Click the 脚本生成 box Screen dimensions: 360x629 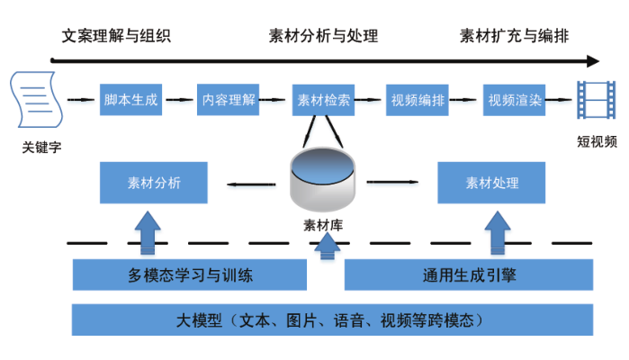pyautogui.click(x=130, y=100)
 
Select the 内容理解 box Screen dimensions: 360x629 pyautogui.click(x=228, y=100)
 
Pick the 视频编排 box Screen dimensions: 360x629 pyautogui.click(x=418, y=100)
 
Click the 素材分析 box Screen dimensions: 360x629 pyautogui.click(x=154, y=183)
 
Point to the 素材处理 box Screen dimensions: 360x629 pyautogui.click(x=491, y=183)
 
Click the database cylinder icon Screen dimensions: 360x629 pyautogui.click(x=324, y=179)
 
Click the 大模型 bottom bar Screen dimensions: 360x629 pyautogui.click(x=332, y=319)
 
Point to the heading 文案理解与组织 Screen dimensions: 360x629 pyautogui.click(x=116, y=37)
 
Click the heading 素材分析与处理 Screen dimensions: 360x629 pyautogui.click(x=323, y=37)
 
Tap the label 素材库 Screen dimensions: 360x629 pyautogui.click(x=324, y=225)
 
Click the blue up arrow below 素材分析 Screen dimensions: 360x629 pyautogui.click(x=146, y=232)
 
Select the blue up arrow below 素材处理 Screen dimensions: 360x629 pyautogui.click(x=498, y=232)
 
